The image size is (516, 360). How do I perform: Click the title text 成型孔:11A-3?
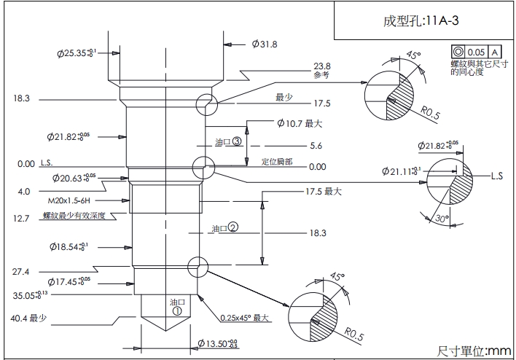tap(421, 20)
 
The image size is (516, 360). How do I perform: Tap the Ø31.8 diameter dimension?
tap(264, 44)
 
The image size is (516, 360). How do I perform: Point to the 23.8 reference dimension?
tap(321, 66)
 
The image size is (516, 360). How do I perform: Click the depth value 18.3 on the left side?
tap(20, 98)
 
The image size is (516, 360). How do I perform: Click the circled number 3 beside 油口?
tap(237, 141)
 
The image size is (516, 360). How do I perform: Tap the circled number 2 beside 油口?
tap(233, 228)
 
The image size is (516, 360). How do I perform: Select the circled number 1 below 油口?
tap(176, 309)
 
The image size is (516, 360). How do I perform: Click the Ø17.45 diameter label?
tap(69, 281)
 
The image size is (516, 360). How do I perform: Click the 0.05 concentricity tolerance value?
tap(476, 52)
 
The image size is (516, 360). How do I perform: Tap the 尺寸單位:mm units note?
tap(474, 351)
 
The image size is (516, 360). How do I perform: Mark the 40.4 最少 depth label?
tap(28, 318)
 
